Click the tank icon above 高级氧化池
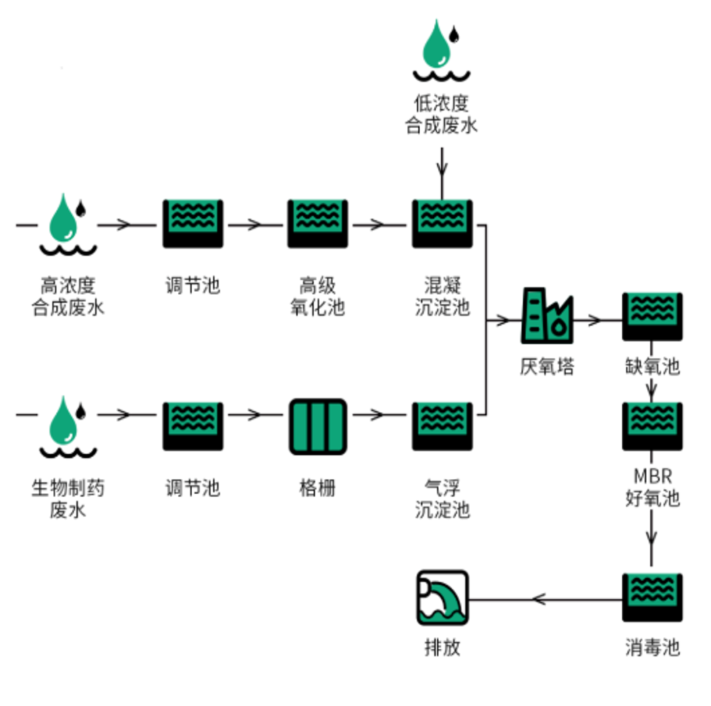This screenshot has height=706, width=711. point(317,224)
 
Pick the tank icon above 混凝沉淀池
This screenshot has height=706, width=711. point(442,224)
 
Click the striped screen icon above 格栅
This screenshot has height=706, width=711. point(317,426)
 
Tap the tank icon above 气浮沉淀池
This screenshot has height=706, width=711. point(442,426)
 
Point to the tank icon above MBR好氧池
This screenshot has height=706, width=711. point(652,426)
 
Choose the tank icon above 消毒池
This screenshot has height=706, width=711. point(652,597)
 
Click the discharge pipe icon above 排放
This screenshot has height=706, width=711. point(442,597)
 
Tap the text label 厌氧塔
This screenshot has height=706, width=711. point(546,366)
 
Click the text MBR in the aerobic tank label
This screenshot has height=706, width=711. point(652,475)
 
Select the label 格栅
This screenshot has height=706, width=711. point(317,488)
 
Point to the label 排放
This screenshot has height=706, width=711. point(442,647)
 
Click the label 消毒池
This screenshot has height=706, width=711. point(652,647)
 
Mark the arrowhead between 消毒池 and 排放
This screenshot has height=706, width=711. point(538,599)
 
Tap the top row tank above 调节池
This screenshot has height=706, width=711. point(192,224)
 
